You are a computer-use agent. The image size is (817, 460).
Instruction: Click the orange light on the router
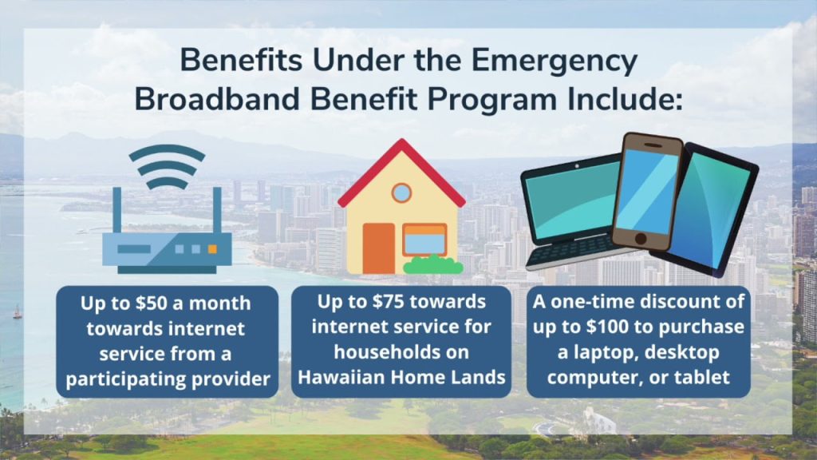pyautogui.click(x=212, y=249)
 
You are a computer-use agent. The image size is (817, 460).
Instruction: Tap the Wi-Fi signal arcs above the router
pyautogui.click(x=167, y=166)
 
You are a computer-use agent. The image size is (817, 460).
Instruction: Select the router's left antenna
pyautogui.click(x=116, y=210)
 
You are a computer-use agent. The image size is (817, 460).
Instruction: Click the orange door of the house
pyautogui.click(x=379, y=249)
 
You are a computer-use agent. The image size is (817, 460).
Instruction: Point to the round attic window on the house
pyautogui.click(x=401, y=193)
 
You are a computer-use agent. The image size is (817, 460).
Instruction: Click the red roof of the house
pyautogui.click(x=401, y=169)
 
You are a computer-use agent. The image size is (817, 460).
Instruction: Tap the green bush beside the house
pyautogui.click(x=433, y=265)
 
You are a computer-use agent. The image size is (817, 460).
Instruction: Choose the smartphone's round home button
pyautogui.click(x=641, y=239)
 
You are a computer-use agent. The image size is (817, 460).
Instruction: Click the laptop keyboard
pyautogui.click(x=573, y=250)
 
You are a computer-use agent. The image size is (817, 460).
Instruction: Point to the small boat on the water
pyautogui.click(x=18, y=312)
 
